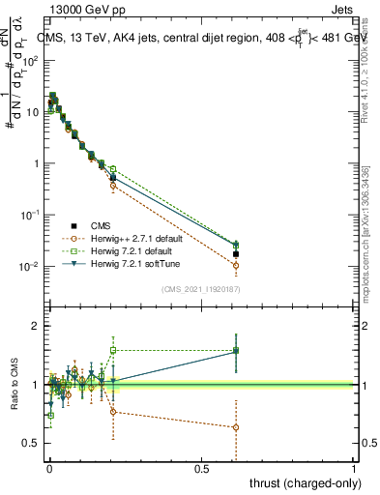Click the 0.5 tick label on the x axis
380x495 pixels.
tap(201, 468)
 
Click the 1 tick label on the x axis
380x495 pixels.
tap(354, 468)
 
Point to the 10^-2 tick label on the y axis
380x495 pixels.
tap(30, 267)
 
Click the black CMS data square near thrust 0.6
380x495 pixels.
tap(236, 254)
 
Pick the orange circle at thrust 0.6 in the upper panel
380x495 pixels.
tap(236, 265)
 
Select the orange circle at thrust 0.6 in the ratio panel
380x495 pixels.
tap(236, 427)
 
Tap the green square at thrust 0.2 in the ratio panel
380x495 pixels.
tap(113, 350)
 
